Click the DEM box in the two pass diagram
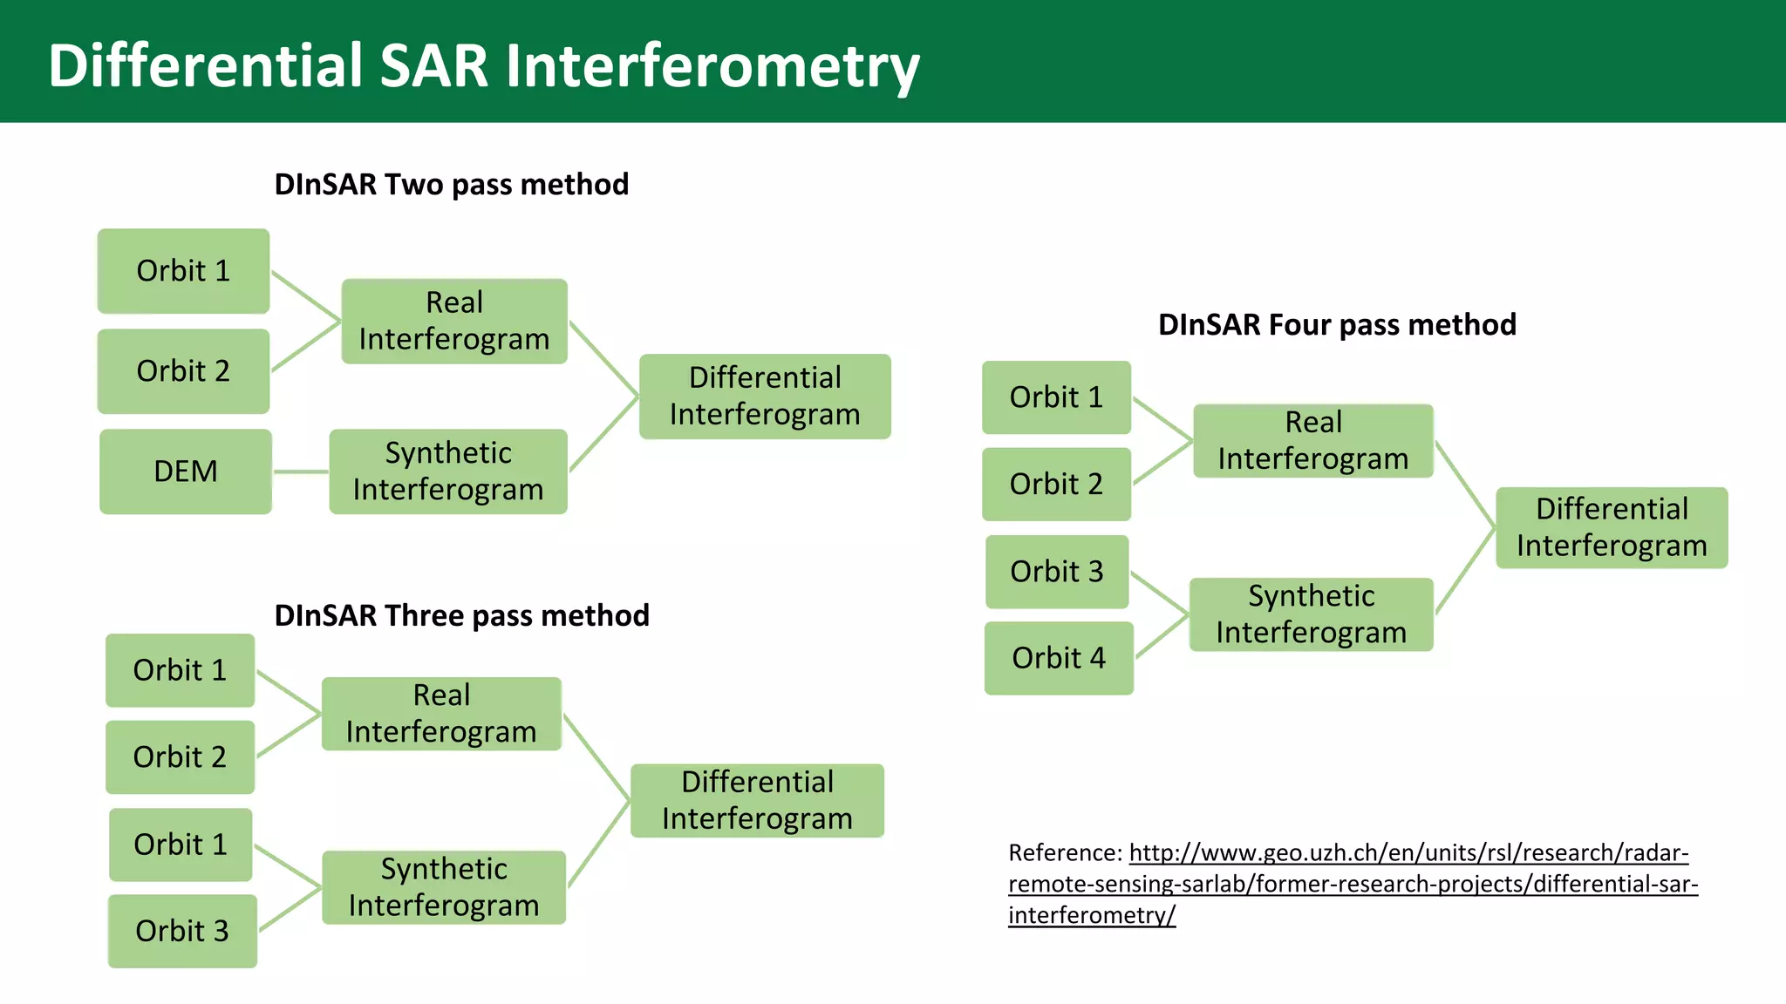point(185,471)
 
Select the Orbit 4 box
point(1059,658)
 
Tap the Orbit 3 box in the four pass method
point(1057,572)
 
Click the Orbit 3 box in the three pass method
point(182,931)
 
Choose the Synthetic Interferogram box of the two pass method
point(448,471)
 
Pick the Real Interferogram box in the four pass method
point(1313,441)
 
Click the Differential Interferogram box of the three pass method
point(757,801)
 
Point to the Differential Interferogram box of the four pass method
point(1612,527)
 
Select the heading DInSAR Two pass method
point(451,185)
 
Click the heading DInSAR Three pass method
point(461,616)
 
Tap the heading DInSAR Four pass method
point(1337,325)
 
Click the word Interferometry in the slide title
point(712,66)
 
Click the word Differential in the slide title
point(205,66)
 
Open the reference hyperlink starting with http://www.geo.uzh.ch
point(1408,853)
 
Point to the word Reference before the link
point(1064,853)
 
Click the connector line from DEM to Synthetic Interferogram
point(301,471)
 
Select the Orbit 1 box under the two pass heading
point(183,271)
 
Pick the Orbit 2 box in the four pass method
point(1056,485)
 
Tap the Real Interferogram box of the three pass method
point(441,714)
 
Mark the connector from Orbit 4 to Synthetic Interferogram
point(1162,637)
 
